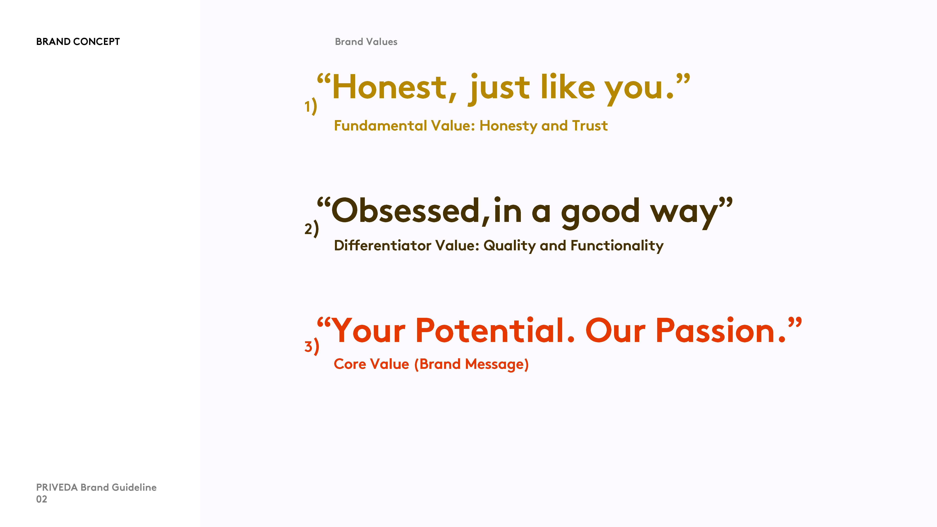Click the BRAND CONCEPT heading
click(x=78, y=42)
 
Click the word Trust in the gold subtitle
click(x=590, y=125)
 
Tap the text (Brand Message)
click(x=471, y=364)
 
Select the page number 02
click(x=42, y=499)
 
